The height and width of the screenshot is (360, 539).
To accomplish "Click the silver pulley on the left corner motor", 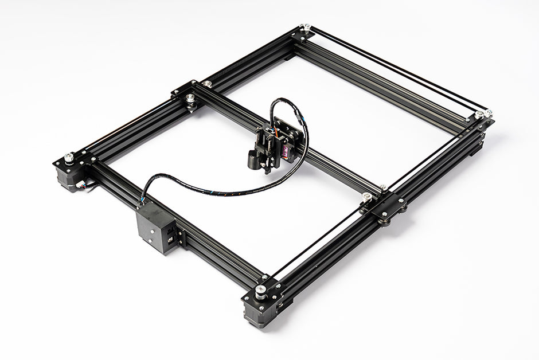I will pos(69,156).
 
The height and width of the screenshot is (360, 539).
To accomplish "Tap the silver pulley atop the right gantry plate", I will pos(366,197).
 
